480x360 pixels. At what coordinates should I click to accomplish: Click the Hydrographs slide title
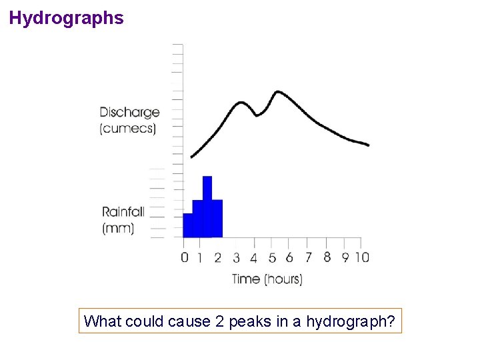point(67,18)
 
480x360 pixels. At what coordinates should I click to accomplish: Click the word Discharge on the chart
point(129,112)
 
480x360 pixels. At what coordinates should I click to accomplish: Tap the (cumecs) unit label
point(128,128)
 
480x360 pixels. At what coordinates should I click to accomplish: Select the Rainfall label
point(123,212)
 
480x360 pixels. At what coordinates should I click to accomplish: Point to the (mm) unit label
point(118,228)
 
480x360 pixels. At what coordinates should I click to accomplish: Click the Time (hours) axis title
point(267,279)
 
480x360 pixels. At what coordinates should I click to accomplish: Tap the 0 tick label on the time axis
point(185,258)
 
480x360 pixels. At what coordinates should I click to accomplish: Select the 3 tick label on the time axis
point(237,258)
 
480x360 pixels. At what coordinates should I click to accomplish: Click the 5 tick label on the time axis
point(272,258)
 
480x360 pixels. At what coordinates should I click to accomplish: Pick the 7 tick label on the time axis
point(308,257)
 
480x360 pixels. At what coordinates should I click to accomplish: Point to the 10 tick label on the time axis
point(361,257)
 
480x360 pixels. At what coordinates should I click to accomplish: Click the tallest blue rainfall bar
point(207,207)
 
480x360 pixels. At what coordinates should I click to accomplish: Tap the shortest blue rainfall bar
point(187,225)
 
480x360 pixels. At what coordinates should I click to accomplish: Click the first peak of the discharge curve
point(241,103)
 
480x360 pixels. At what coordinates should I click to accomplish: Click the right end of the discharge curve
point(368,145)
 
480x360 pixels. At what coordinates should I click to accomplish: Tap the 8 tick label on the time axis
point(327,257)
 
